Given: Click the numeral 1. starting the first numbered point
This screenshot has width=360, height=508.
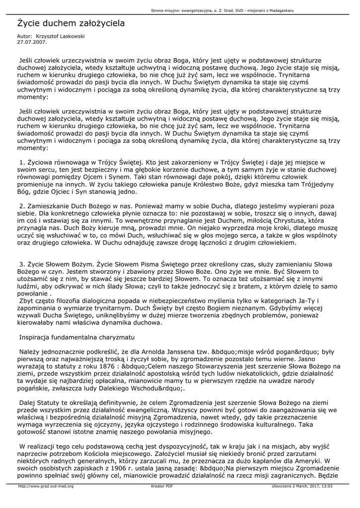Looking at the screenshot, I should tap(22, 162).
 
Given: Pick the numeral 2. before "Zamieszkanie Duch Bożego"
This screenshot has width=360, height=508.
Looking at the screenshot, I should tap(22, 205).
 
